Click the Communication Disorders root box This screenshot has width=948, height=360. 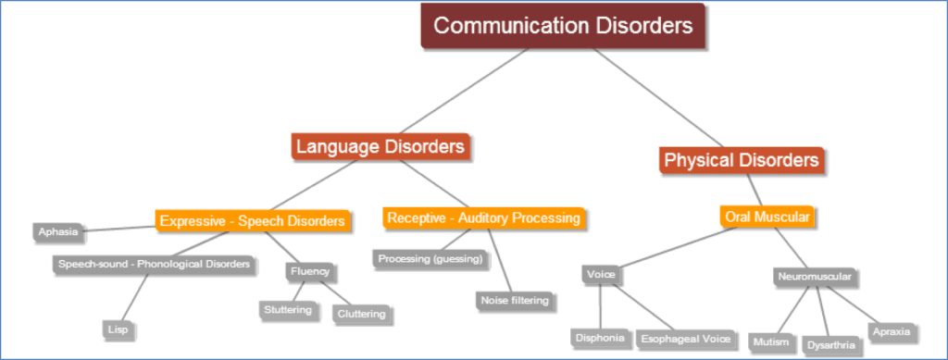[563, 26]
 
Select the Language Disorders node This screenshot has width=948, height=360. [380, 146]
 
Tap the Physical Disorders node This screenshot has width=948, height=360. [742, 160]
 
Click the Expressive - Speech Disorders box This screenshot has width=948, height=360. [252, 221]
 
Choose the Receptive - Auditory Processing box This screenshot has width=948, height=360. [483, 218]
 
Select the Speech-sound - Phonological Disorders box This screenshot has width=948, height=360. [154, 265]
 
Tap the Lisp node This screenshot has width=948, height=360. [117, 329]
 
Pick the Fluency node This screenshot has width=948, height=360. [309, 272]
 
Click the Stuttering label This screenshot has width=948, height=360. [287, 310]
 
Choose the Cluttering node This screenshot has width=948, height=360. [361, 314]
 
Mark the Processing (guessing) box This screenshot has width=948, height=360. [430, 259]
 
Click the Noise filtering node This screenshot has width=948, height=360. [514, 301]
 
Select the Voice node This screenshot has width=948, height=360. [601, 274]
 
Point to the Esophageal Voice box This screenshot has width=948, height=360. [686, 339]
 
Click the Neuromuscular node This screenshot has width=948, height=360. [813, 276]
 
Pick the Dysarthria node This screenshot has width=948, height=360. [831, 345]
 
